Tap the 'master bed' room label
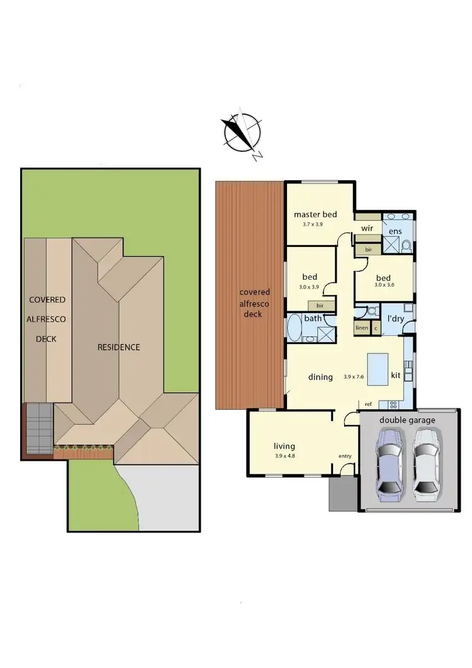coord(315,214)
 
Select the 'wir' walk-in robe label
coord(368,228)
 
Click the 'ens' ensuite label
coord(395,232)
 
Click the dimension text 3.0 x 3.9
coord(310,286)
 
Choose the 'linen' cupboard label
coord(361,328)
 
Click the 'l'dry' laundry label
coord(395,319)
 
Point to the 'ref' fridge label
coord(368,404)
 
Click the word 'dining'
coord(320,377)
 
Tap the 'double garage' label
coord(407,420)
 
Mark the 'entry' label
coord(345,456)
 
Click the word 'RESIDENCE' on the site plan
coord(118,347)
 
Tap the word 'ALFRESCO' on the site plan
coord(46,319)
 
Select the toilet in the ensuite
coord(406,245)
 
